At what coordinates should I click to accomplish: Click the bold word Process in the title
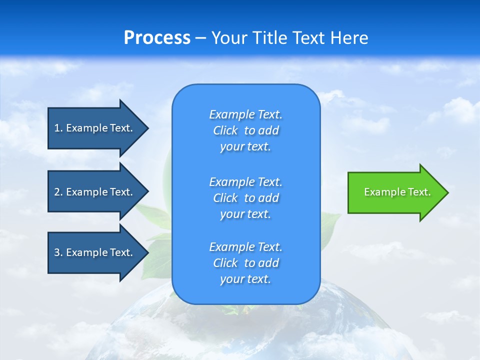pos(157,38)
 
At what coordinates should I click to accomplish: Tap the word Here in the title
pos(349,38)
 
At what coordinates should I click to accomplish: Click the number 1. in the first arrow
pos(58,128)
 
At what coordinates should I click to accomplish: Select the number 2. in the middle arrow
pos(58,192)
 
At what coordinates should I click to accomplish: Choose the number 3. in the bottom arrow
pos(58,252)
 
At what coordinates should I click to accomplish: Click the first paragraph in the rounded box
pos(245,130)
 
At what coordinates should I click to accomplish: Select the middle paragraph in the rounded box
pos(245,198)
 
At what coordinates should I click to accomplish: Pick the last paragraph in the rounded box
pos(245,263)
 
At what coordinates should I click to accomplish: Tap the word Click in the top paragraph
pos(225,131)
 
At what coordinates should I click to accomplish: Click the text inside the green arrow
pos(397,192)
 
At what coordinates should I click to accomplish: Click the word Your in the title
pos(229,38)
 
